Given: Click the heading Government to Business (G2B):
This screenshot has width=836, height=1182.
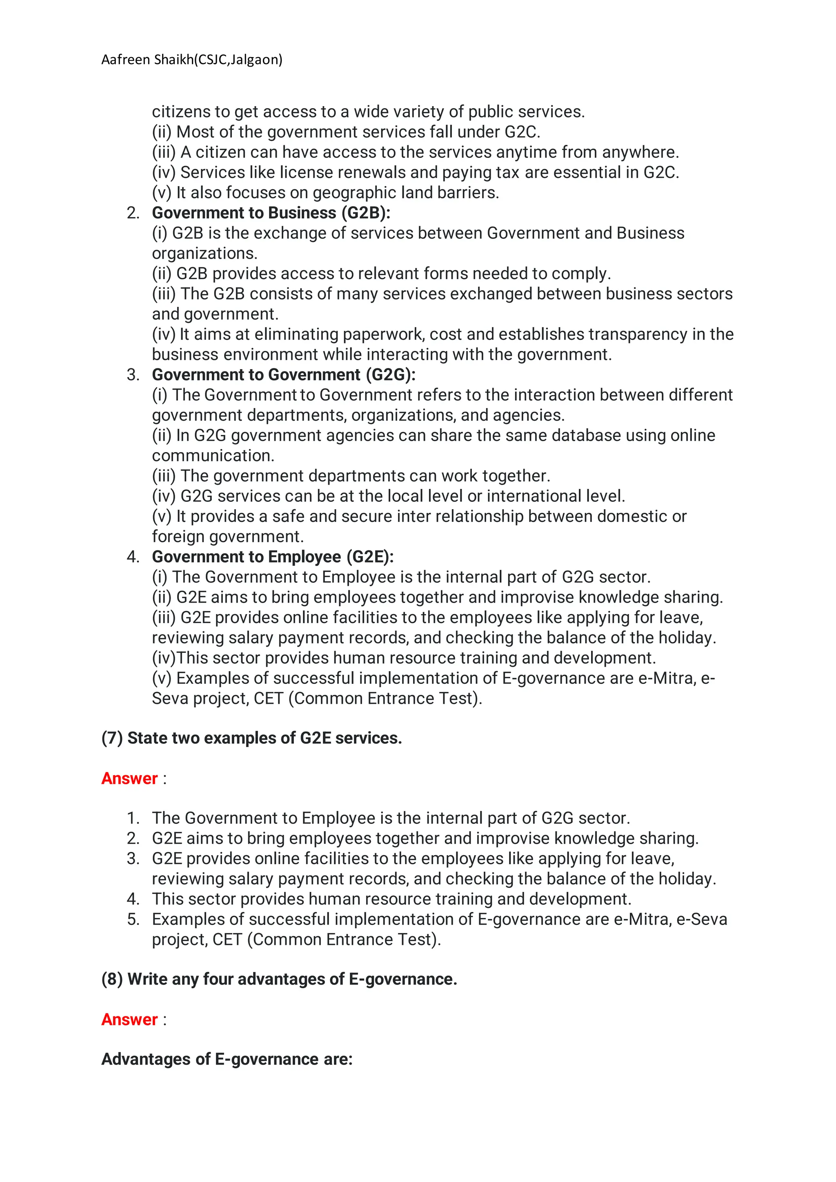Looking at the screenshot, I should [271, 213].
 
